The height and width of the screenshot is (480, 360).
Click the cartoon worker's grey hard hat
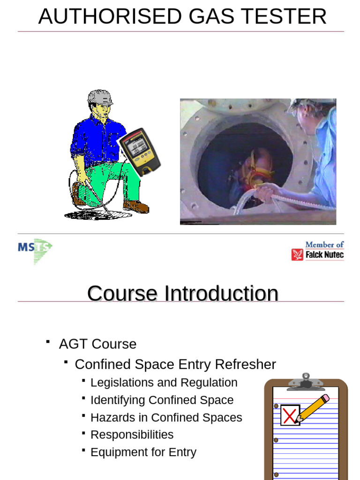click(100, 97)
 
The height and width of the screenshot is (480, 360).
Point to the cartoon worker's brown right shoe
click(136, 206)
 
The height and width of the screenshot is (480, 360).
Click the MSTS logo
click(35, 250)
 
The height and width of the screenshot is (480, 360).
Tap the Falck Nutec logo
click(318, 255)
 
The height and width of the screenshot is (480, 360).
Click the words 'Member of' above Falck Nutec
click(324, 244)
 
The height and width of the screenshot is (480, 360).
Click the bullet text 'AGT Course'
click(97, 344)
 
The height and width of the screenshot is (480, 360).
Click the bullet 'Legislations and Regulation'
click(164, 382)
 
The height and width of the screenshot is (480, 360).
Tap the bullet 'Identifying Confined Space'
click(162, 400)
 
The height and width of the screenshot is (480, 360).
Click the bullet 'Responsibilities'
click(132, 435)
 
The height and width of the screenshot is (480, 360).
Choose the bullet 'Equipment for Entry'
click(143, 452)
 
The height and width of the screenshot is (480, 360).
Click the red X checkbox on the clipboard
click(290, 415)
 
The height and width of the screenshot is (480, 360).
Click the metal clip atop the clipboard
click(306, 382)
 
